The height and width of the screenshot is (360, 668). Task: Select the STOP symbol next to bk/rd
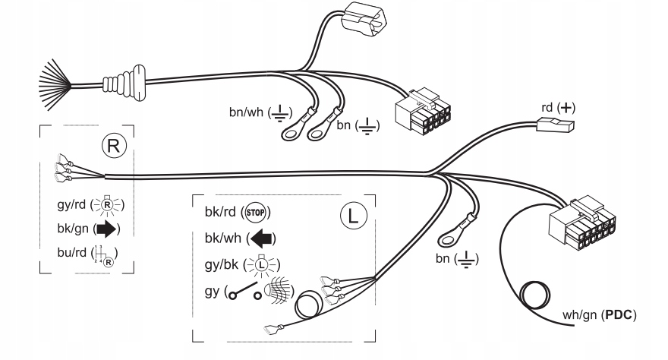tap(256, 212)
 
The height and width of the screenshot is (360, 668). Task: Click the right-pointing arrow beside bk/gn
tap(106, 229)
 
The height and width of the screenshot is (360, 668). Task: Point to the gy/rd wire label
tap(71, 204)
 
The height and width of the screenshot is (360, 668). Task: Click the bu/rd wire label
tap(71, 252)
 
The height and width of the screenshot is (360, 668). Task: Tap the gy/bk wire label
tap(222, 265)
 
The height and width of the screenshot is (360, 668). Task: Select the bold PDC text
tap(619, 315)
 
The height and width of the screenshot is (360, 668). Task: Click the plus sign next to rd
tap(566, 107)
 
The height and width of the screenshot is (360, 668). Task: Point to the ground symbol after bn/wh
tap(279, 113)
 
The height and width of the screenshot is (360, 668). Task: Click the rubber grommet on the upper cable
tap(124, 83)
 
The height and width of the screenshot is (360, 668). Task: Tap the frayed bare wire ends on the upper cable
tap(55, 85)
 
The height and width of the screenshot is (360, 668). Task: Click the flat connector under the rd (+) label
tap(555, 125)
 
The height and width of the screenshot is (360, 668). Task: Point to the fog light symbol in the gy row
tap(279, 291)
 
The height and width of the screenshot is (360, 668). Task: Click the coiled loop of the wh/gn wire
tap(534, 295)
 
